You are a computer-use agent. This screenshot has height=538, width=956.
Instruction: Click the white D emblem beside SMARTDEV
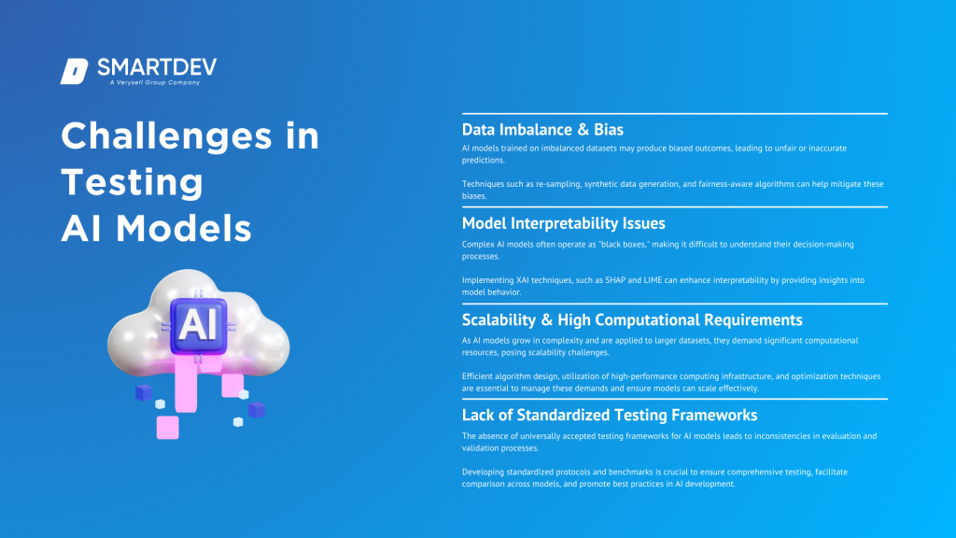(74, 71)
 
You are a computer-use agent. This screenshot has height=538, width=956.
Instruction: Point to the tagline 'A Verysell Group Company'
(154, 83)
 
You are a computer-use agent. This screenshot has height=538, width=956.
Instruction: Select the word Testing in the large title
(132, 181)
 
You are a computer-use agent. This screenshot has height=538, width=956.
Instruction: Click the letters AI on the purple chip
(198, 323)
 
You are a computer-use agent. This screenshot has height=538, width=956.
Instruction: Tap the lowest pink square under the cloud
(167, 427)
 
